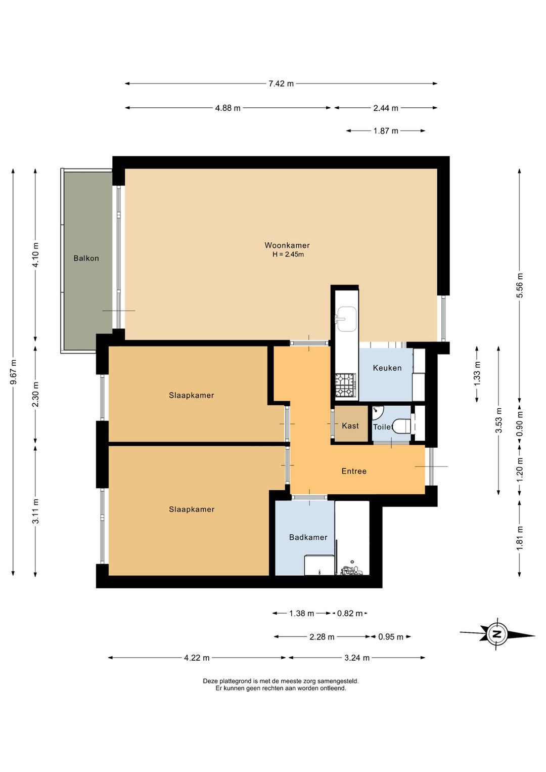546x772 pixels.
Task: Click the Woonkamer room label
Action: tap(287, 245)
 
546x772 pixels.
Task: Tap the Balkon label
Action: tap(86, 258)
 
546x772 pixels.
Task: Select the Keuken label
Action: tap(387, 368)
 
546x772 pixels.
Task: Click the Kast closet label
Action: tap(350, 426)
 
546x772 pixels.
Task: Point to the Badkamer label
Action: tap(308, 537)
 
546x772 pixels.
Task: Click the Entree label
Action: tap(354, 471)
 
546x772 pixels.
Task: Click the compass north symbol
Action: tap(496, 634)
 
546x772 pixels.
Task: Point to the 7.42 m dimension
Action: tap(281, 83)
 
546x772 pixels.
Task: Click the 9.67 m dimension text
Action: tap(13, 372)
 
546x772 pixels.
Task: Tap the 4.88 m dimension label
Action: tap(227, 108)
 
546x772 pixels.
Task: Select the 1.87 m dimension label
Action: tap(386, 131)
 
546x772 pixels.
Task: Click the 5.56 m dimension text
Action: tap(520, 285)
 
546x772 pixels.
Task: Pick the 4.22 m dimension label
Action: tap(197, 658)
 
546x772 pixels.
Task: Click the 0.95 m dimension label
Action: tap(391, 636)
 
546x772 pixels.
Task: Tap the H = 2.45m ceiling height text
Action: tap(288, 254)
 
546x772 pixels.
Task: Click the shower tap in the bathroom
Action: tap(351, 572)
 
